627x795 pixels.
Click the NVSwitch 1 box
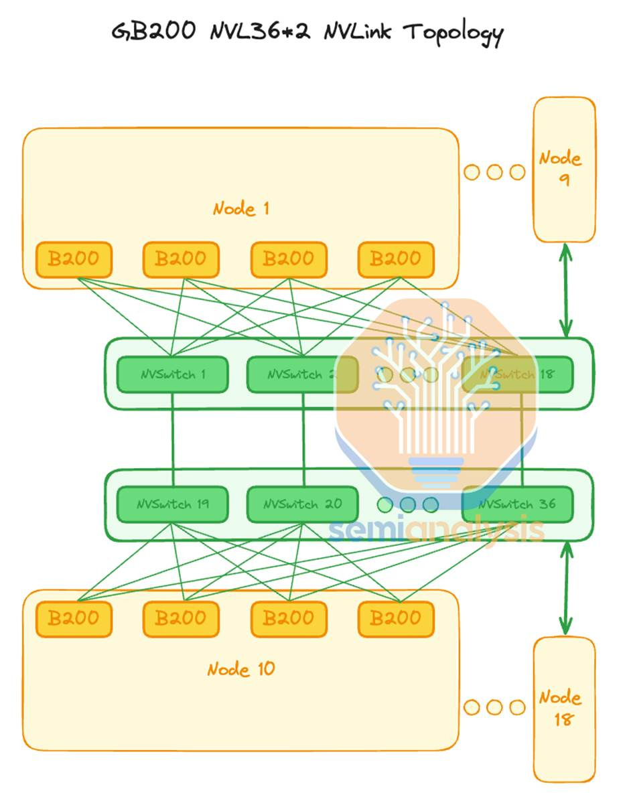(173, 374)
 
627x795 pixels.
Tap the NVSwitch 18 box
(518, 374)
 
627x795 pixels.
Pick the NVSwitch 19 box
(173, 504)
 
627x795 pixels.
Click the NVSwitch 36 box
(518, 504)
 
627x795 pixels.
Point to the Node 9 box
(564, 169)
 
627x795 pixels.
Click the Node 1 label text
(241, 208)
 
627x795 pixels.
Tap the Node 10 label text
(241, 669)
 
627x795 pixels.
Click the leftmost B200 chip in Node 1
(74, 259)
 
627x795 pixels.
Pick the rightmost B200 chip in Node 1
(396, 259)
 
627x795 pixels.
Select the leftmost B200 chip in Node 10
(74, 618)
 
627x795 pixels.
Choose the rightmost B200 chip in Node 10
(396, 618)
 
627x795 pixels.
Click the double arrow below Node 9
(566, 290)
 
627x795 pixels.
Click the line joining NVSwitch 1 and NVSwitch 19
(173, 439)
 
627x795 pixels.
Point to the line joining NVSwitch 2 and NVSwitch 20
(303, 439)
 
